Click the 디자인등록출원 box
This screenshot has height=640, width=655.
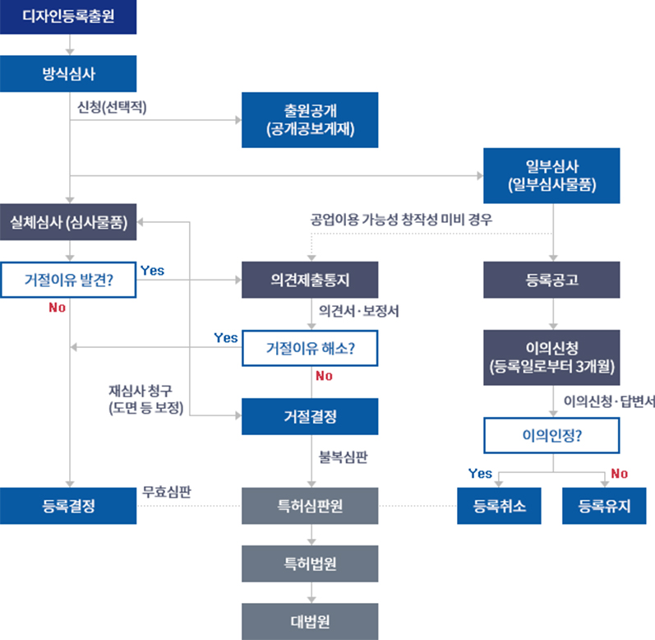68,16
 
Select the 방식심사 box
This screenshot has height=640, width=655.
68,73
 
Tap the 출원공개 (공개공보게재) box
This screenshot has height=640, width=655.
310,120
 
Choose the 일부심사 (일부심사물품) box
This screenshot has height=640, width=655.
551,175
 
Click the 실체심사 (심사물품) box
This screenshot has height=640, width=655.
68,222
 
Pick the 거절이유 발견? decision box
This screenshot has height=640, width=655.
68,280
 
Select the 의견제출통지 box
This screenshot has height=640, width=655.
310,280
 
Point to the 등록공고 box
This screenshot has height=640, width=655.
551,280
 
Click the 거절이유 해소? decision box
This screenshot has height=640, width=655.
310,348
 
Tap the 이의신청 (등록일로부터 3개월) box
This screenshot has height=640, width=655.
551,357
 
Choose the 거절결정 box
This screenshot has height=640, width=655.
310,416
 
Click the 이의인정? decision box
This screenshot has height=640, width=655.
551,435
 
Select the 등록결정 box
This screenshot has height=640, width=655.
68,506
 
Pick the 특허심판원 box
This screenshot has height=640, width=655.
310,506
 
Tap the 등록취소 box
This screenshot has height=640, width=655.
499,506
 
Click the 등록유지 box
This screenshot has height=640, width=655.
604,506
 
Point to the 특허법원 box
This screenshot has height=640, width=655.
310,563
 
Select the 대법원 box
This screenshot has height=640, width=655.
310,622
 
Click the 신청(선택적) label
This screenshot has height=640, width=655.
112,108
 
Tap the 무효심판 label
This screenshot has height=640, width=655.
167,492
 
